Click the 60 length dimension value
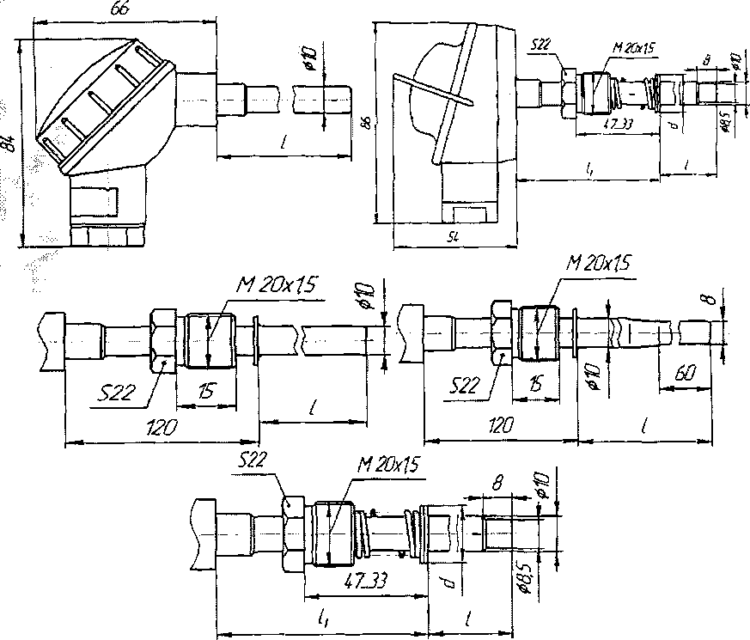[x=684, y=375]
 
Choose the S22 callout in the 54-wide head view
[x=541, y=45]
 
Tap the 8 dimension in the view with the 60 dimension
[x=706, y=301]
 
